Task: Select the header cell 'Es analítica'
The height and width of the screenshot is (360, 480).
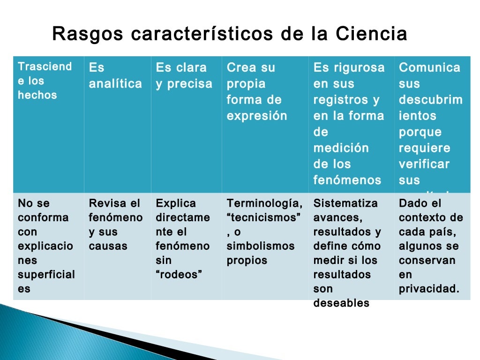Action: tap(115, 76)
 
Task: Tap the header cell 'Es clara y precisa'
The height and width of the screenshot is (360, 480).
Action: tap(184, 76)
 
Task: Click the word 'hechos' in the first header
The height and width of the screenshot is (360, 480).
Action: tap(37, 95)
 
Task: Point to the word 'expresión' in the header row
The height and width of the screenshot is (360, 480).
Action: tap(256, 116)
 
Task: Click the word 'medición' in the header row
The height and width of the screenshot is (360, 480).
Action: tap(341, 148)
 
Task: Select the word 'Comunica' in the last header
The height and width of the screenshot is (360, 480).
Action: tap(429, 68)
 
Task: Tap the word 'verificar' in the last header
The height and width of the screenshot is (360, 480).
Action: tap(424, 164)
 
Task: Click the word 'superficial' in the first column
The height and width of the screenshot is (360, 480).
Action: tap(46, 275)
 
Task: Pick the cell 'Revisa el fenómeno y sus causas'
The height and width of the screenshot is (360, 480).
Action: tap(115, 225)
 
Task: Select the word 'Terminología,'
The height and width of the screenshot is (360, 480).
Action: tap(264, 203)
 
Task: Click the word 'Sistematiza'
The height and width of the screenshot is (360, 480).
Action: tap(345, 203)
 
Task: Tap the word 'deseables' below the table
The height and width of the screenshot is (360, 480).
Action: tap(341, 303)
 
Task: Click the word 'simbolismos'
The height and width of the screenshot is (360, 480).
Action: tap(261, 246)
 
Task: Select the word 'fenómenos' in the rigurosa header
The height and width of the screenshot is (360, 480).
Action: tap(347, 180)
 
